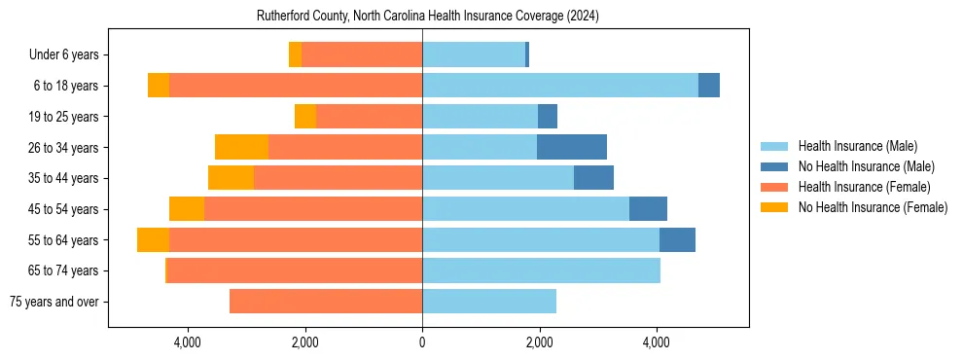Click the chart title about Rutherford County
427,17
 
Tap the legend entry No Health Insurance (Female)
873,207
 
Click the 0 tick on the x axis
422,342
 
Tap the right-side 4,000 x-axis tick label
657,342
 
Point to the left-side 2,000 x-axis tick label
304,342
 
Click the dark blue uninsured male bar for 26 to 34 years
572,147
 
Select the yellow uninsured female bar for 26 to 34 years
241,147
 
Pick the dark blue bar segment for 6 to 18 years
709,86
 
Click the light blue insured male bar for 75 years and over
489,302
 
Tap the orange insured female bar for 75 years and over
326,302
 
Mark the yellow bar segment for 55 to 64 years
153,240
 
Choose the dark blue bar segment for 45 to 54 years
648,209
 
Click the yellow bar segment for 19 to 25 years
305,117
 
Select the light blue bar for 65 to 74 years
541,270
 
